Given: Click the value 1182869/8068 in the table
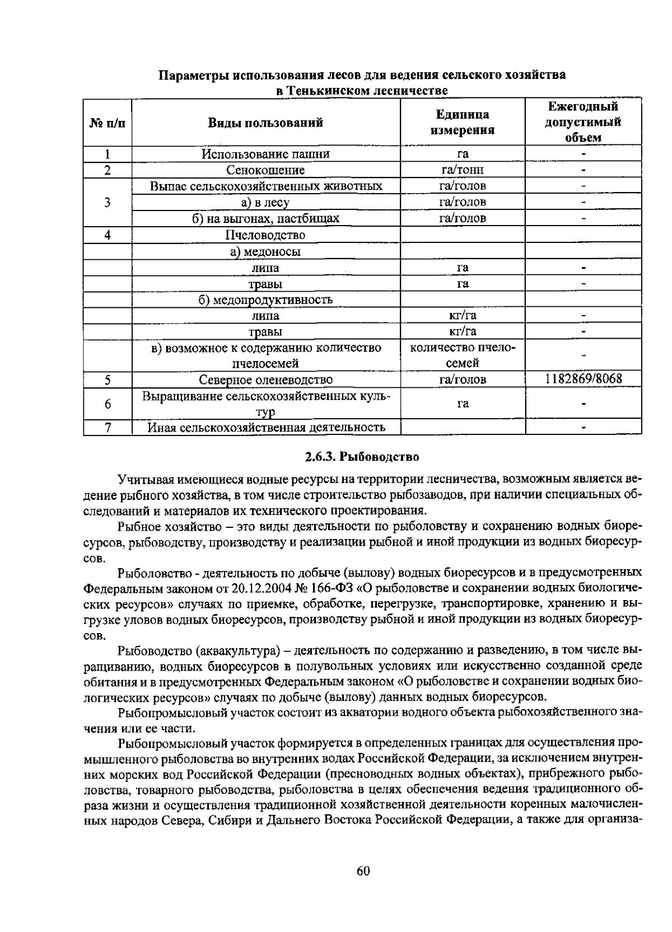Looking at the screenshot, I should [x=583, y=379].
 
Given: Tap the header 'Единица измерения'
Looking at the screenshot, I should [x=462, y=123].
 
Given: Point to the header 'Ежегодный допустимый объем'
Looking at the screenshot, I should [x=583, y=122].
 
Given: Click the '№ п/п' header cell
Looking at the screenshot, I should [x=107, y=123].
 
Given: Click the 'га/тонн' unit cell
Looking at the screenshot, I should [x=462, y=170].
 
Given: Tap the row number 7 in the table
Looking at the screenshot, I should [x=107, y=428].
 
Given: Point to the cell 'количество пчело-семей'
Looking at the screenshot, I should [x=462, y=355].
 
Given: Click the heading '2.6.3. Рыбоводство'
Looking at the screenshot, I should [x=362, y=457].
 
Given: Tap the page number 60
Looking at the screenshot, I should [x=363, y=871].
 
